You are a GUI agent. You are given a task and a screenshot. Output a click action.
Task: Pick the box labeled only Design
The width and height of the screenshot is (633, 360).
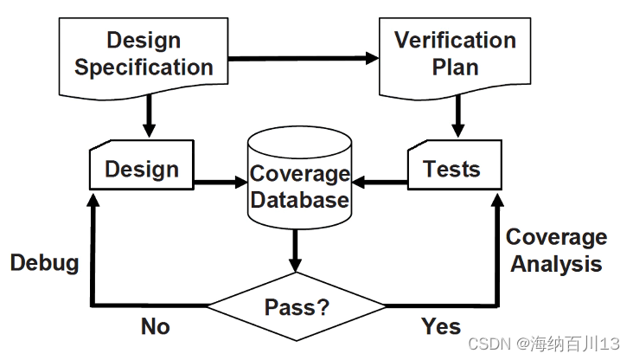click(x=142, y=169)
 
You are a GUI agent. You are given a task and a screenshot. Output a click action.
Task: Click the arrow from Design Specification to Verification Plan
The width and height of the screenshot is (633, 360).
click(x=303, y=59)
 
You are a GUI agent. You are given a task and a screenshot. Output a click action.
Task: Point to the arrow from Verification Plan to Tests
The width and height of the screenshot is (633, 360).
click(x=458, y=117)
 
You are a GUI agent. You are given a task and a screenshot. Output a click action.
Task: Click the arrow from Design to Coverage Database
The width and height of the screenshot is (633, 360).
click(x=221, y=183)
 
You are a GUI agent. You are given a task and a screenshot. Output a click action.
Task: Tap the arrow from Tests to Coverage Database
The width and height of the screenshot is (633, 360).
click(x=380, y=183)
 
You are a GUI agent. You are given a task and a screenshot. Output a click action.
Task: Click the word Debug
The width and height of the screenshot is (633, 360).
click(x=45, y=263)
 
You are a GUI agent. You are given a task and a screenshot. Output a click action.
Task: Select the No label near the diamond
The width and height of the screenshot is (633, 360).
click(x=156, y=327)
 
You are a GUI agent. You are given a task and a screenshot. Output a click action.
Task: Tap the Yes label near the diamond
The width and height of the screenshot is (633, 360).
click(x=441, y=327)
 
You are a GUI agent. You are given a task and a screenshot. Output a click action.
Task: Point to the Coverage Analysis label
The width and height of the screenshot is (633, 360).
click(x=556, y=251)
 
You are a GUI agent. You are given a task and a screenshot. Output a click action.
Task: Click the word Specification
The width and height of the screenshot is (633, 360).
click(x=144, y=67)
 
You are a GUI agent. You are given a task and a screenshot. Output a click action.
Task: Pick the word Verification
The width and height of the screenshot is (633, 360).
click(x=455, y=40)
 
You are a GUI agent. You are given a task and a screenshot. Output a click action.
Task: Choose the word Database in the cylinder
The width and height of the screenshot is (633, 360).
click(x=301, y=201)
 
